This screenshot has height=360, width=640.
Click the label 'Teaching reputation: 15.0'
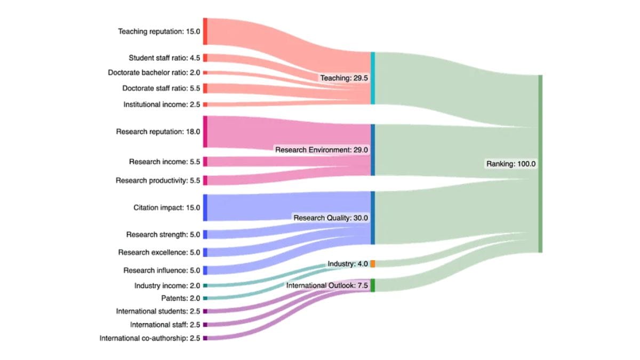pos(159,31)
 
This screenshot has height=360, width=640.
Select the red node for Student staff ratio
pos(205,58)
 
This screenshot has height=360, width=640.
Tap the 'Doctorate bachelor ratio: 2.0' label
pos(154,73)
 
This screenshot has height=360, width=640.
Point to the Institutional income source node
pos(205,105)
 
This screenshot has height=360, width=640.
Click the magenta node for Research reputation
pos(205,131)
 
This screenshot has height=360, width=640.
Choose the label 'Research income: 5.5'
pos(164,162)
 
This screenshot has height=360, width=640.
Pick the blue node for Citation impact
pos(205,207)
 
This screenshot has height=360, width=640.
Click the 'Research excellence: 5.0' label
pos(159,252)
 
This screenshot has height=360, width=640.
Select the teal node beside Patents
pos(205,298)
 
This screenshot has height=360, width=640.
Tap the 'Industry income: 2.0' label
pos(167,286)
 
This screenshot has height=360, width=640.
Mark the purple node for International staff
pos(205,324)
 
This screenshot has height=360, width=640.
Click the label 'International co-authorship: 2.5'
pos(150,338)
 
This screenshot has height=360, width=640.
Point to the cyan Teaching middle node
pos(373,78)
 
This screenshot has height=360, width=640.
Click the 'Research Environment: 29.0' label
pos(322,150)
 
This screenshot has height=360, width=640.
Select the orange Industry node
pos(373,263)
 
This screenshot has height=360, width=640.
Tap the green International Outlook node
pos(373,285)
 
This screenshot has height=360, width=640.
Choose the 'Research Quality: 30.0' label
pos(330,218)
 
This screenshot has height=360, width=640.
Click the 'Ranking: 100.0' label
pos(510,164)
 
